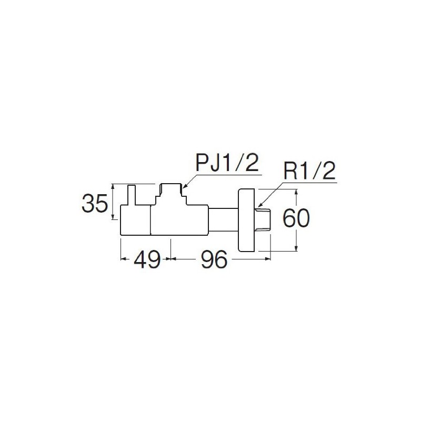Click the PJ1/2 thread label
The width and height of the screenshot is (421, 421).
pyautogui.click(x=227, y=163)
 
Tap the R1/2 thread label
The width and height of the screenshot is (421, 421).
pyautogui.click(x=309, y=172)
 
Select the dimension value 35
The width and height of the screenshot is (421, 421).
pyautogui.click(x=95, y=203)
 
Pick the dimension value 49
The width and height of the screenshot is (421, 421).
pyautogui.click(x=147, y=259)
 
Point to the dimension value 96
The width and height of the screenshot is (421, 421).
pyautogui.click(x=214, y=259)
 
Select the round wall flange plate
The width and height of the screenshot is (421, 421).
pyautogui.click(x=246, y=220)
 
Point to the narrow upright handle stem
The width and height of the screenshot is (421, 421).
pyautogui.click(x=131, y=195)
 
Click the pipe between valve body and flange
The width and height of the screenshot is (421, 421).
pyautogui.click(x=223, y=219)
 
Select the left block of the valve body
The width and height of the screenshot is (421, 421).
pyautogui.click(x=135, y=220)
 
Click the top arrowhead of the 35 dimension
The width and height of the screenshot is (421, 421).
pyautogui.click(x=114, y=186)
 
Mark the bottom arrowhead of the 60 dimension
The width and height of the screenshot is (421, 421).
pyautogui.click(x=296, y=248)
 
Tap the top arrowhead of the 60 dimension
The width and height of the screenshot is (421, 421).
pyautogui.click(x=296, y=192)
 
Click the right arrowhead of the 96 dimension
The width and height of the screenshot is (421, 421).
pyautogui.click(x=268, y=259)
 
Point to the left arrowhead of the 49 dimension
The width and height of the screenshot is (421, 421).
pyautogui.click(x=124, y=259)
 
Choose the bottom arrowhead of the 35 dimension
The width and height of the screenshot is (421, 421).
pyautogui.click(x=114, y=216)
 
